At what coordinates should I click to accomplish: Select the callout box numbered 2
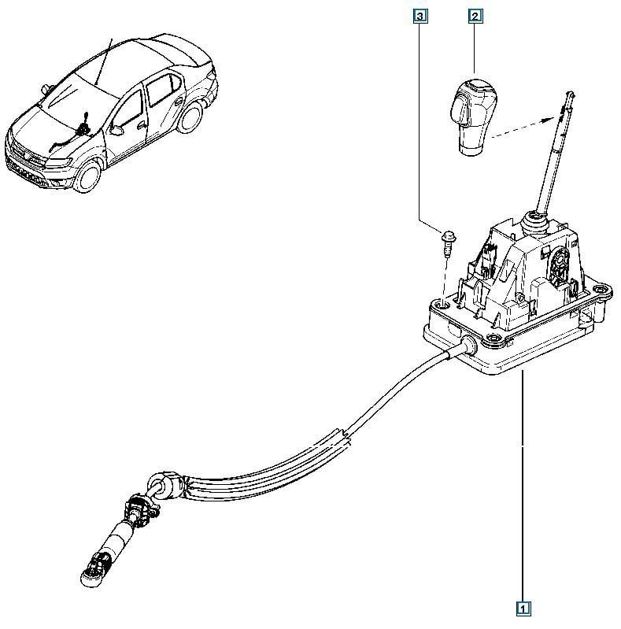475,16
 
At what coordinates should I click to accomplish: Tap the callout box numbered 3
421,16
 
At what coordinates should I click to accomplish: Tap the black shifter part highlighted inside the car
83,123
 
